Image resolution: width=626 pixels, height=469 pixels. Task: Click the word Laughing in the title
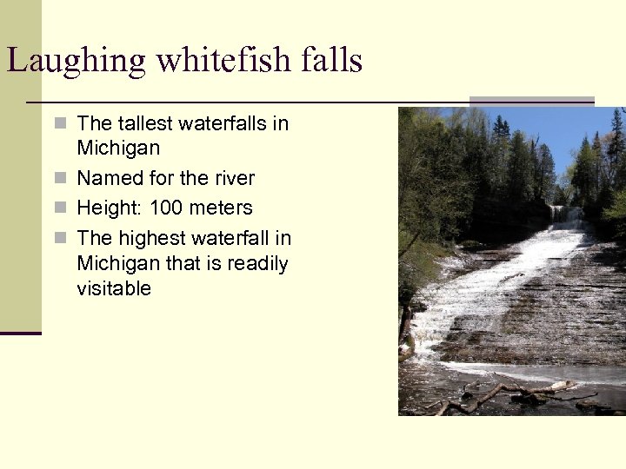click(x=65, y=61)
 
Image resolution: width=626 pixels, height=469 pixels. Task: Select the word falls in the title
click(x=328, y=61)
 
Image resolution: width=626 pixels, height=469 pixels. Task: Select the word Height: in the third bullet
click(x=110, y=208)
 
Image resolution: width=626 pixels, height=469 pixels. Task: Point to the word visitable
click(x=114, y=288)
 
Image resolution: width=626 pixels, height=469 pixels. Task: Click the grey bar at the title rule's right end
click(x=531, y=101)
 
